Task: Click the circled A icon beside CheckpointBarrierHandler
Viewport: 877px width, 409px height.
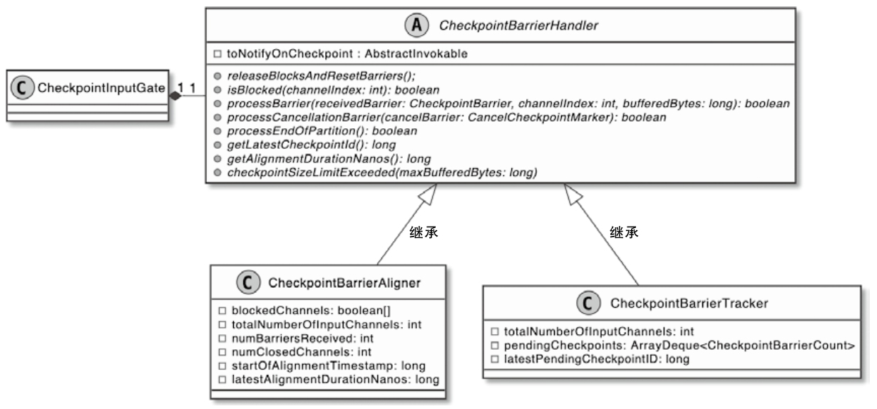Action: [416, 26]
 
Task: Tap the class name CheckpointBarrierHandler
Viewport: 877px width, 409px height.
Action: [519, 26]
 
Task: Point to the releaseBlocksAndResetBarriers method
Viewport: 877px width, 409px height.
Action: [321, 76]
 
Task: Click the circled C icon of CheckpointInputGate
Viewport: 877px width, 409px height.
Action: [23, 88]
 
